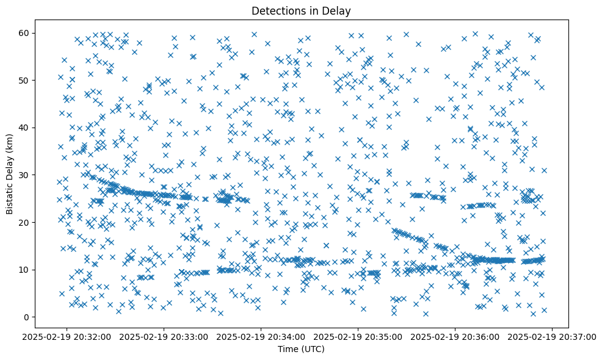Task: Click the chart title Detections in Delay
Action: [x=301, y=10]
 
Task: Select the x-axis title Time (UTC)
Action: [x=301, y=349]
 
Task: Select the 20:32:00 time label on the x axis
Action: [x=67, y=337]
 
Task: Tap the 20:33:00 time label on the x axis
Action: [x=164, y=337]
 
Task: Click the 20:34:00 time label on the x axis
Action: [x=261, y=337]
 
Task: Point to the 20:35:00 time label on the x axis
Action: [x=358, y=337]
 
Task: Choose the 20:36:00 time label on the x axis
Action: [x=455, y=337]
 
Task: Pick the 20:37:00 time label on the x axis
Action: [x=553, y=337]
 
